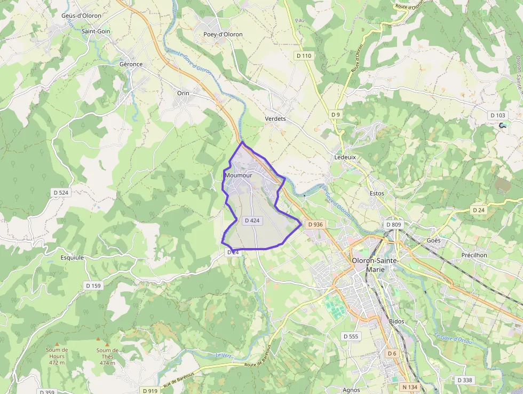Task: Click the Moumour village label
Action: click(x=239, y=175)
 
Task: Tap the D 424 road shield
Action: click(x=252, y=221)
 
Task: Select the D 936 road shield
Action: click(x=315, y=225)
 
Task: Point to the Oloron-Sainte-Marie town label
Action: click(x=376, y=265)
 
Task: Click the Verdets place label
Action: click(x=275, y=119)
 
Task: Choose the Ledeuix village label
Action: click(x=345, y=158)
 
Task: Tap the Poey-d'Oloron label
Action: click(x=223, y=34)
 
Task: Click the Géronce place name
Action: click(x=131, y=64)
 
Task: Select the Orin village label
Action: click(x=183, y=93)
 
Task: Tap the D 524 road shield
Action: click(x=61, y=192)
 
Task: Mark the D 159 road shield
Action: click(x=93, y=286)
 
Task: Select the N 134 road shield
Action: click(x=410, y=387)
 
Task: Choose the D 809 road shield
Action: click(x=393, y=225)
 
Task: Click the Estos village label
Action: click(x=377, y=193)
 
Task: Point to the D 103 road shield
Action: click(x=497, y=115)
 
